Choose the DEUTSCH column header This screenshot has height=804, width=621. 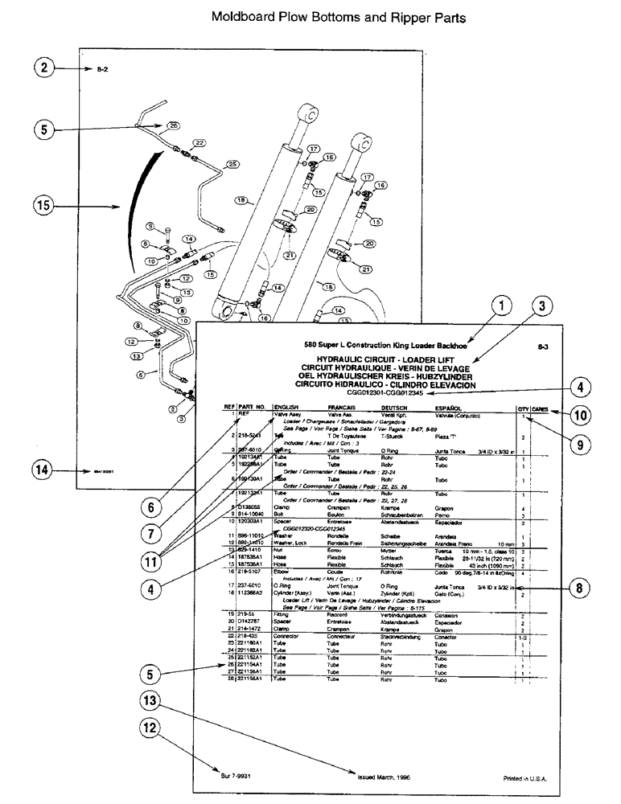click(x=395, y=408)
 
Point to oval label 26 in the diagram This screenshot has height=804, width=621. click(x=173, y=125)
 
